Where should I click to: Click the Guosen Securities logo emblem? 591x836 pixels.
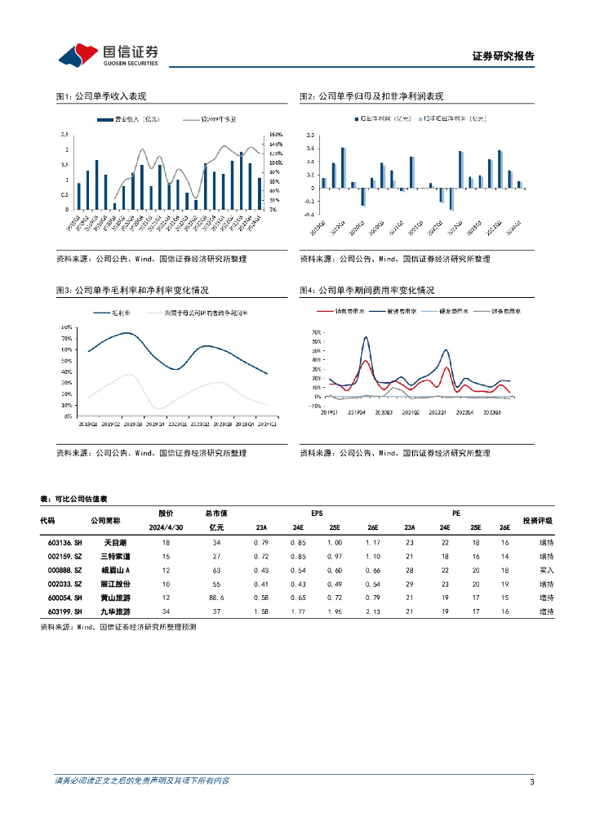point(77,56)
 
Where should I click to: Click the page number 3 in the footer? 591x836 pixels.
point(531,782)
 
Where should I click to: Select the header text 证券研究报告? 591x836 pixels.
point(504,56)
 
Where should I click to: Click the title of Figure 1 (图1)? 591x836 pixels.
point(100,96)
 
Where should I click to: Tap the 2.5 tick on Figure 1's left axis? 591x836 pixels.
point(64,135)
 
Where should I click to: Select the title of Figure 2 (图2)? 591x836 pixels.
point(371,96)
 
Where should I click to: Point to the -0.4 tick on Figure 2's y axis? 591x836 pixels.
point(309,214)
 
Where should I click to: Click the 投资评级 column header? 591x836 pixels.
point(538,520)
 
